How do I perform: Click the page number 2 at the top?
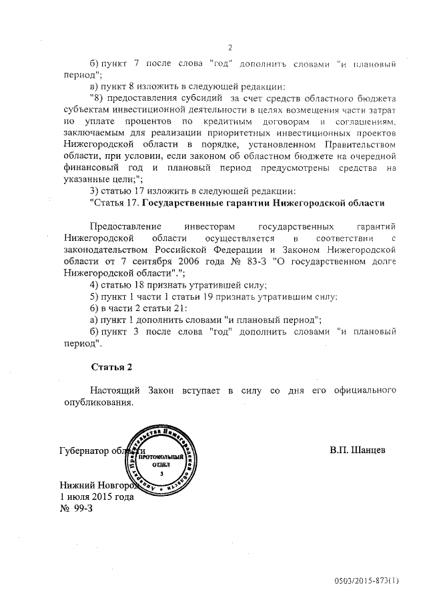click(x=230, y=47)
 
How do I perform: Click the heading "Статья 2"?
click(x=111, y=366)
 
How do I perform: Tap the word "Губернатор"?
click(x=84, y=450)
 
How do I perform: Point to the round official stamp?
click(x=157, y=455)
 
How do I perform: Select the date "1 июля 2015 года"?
click(x=97, y=497)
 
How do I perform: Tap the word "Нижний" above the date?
click(x=77, y=485)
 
